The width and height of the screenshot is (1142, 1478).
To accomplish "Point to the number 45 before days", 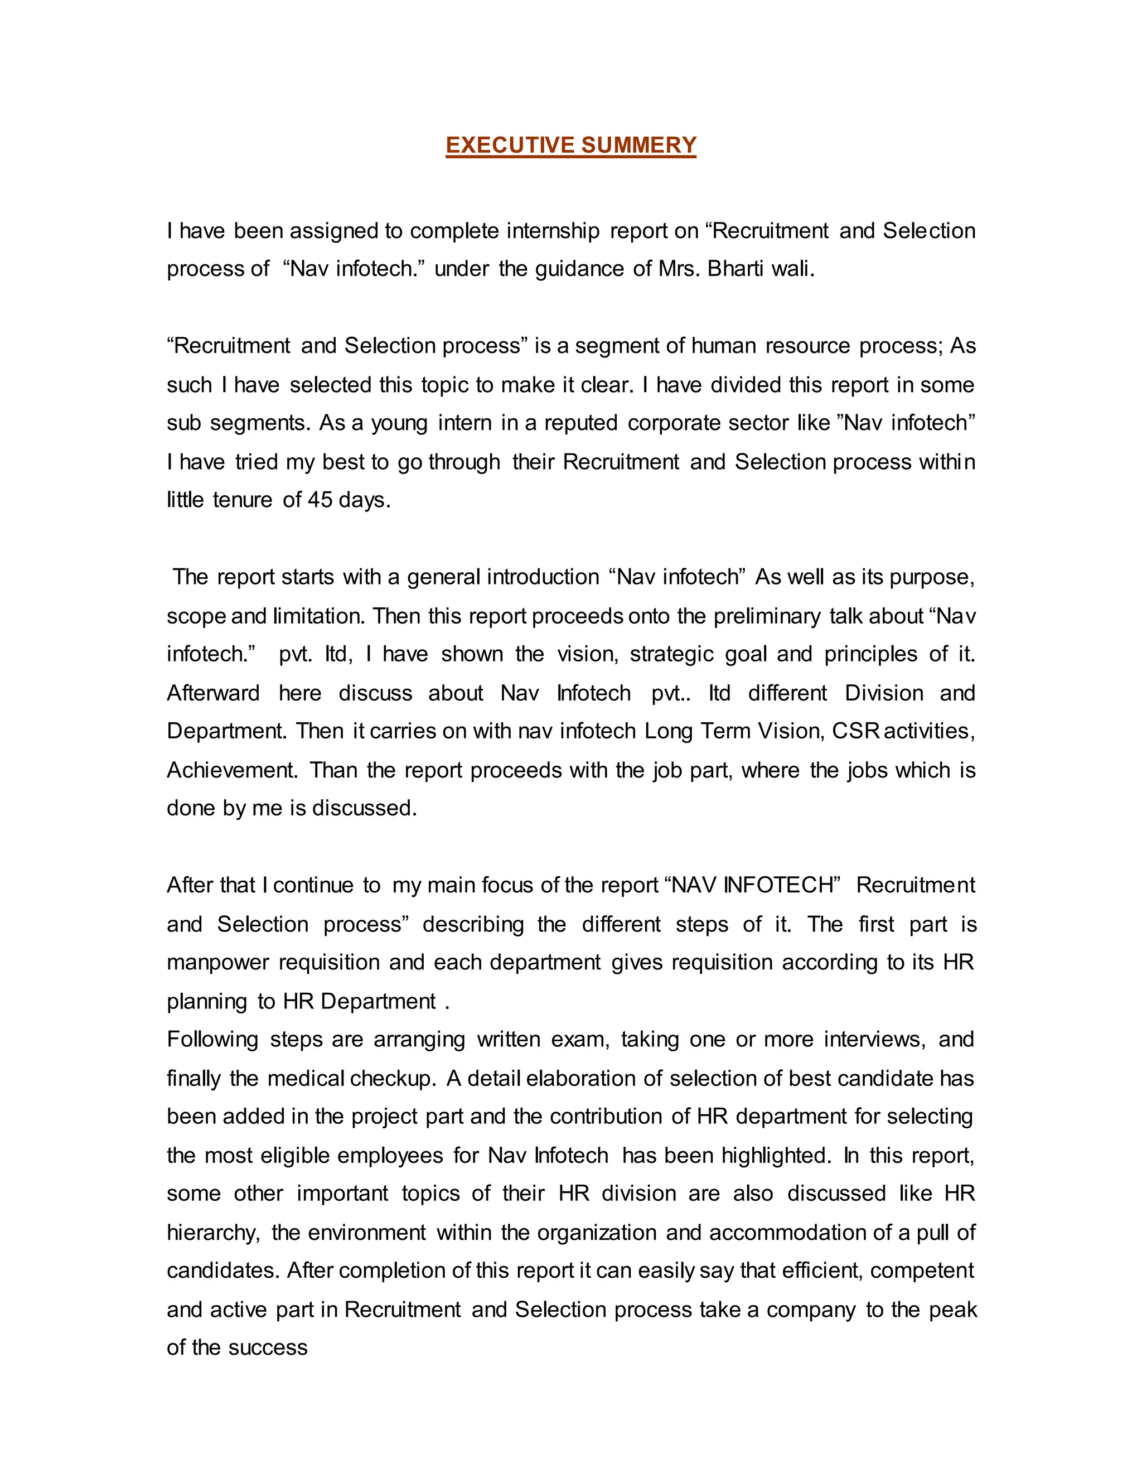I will point(320,500).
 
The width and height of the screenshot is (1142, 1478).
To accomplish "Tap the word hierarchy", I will point(212,1233).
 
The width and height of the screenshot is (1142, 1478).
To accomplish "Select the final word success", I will point(268,1347).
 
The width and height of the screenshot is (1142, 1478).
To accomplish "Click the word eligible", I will point(296,1155).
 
